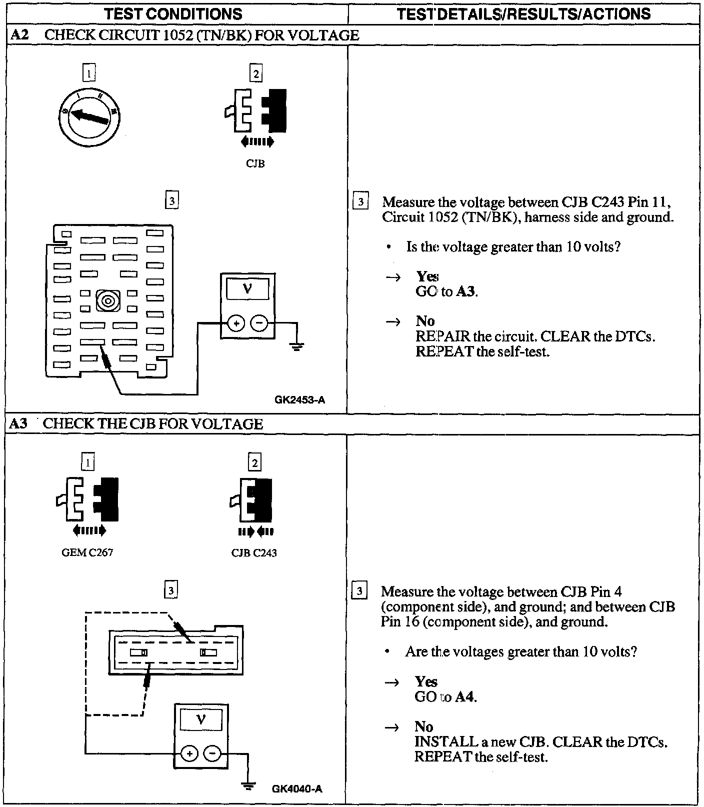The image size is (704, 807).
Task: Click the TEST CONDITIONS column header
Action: click(174, 13)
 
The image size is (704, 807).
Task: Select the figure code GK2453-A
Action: click(300, 399)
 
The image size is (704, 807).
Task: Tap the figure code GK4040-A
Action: click(297, 788)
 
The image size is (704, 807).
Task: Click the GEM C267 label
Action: click(87, 552)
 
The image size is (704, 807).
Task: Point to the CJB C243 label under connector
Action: click(254, 552)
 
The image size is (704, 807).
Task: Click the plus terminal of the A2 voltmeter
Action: click(236, 323)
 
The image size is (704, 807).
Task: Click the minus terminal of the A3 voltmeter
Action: click(212, 753)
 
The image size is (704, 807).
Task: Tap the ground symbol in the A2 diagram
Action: click(297, 345)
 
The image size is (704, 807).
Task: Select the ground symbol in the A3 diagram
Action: click(248, 786)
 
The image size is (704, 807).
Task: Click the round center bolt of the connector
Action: click(107, 301)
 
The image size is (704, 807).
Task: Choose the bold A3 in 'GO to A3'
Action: click(466, 291)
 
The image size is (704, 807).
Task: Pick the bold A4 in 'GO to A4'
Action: click(465, 696)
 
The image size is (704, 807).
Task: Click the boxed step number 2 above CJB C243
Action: click(255, 463)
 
